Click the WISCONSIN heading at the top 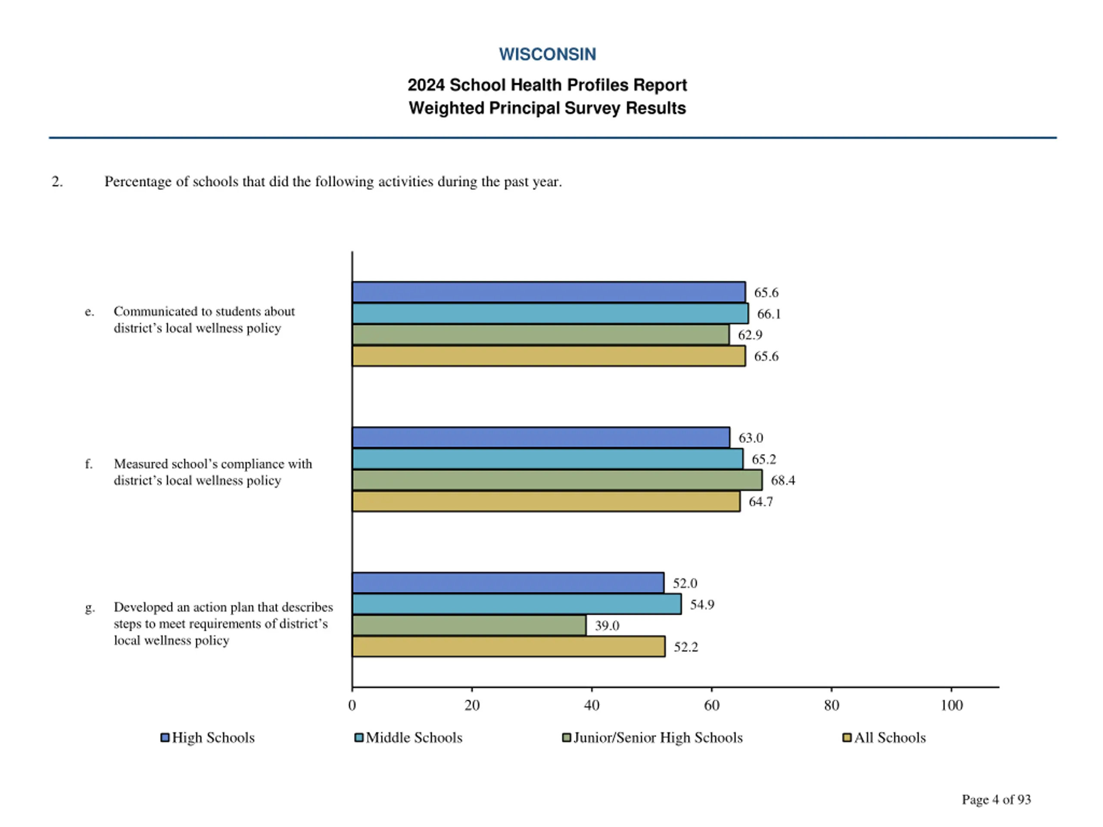[548, 54]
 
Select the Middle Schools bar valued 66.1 [550, 314]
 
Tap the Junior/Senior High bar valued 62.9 [541, 335]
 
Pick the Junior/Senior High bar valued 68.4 [557, 480]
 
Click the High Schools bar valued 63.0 [541, 438]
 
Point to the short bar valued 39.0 [469, 625]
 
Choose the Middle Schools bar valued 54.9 [517, 604]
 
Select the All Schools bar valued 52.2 [508, 647]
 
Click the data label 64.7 [761, 501]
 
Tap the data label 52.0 [685, 583]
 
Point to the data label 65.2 [764, 459]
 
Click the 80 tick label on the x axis [831, 706]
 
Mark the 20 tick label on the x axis [472, 706]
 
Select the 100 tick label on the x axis [951, 706]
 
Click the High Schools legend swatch [165, 737]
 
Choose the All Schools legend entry [884, 737]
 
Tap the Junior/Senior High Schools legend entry [652, 738]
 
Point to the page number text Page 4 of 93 [996, 799]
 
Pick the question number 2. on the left [57, 181]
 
